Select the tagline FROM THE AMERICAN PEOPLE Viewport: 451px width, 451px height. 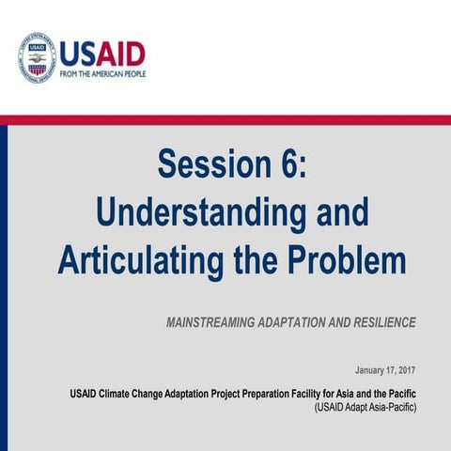coord(103,73)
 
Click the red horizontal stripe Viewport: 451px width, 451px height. coord(225,120)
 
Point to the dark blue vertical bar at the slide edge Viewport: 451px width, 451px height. coord(4,282)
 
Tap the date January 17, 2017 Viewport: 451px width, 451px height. coord(385,370)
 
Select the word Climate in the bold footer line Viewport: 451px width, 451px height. coord(124,393)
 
